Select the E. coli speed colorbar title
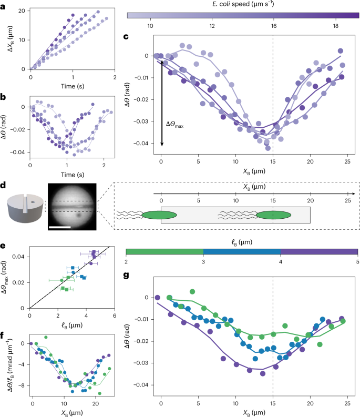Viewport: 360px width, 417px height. [x=243, y=5]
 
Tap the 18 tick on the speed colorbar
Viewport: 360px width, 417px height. [x=335, y=25]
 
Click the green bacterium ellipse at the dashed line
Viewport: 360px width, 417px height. [x=273, y=215]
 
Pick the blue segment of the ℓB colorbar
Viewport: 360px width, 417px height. [x=242, y=252]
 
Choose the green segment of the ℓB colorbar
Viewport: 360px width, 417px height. [x=164, y=252]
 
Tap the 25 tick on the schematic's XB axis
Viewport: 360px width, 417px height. [x=347, y=201]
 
